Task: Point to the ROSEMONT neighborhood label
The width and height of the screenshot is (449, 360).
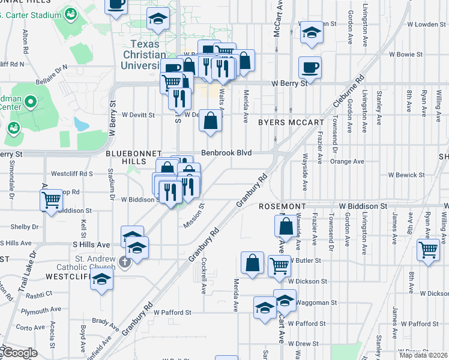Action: pyautogui.click(x=283, y=206)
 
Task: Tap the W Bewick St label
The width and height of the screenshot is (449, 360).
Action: pyautogui.click(x=406, y=175)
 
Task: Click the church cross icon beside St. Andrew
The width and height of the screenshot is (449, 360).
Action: pyautogui.click(x=124, y=262)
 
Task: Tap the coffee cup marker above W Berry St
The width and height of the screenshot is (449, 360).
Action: pyautogui.click(x=310, y=67)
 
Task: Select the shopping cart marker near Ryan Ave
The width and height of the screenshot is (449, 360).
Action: pyautogui.click(x=428, y=249)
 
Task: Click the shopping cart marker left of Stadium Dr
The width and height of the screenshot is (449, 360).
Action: pyautogui.click(x=51, y=200)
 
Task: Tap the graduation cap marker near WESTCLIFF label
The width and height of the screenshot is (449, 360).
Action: pyautogui.click(x=102, y=279)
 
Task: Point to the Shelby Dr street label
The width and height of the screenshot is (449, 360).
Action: pyautogui.click(x=25, y=227)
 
